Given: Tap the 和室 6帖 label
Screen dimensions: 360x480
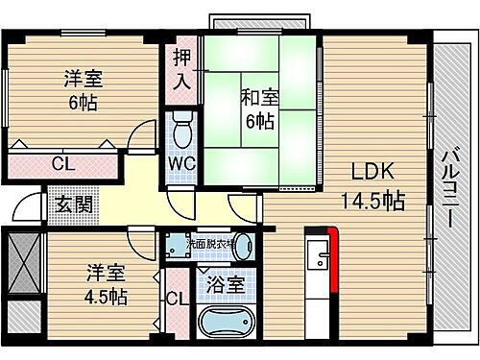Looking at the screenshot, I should pyautogui.click(x=259, y=108).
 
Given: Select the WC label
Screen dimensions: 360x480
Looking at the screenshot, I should pyautogui.click(x=181, y=162).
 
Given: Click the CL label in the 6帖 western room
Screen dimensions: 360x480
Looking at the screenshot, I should pyautogui.click(x=60, y=163).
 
